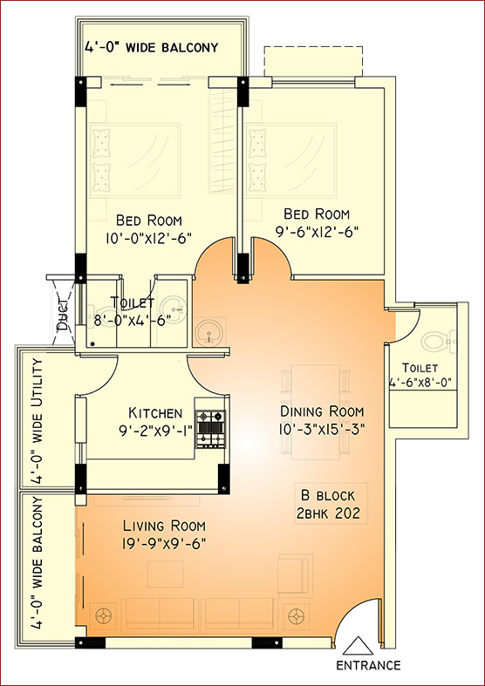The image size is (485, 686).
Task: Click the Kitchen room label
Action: [155, 412]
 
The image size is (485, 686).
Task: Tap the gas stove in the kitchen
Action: [210, 429]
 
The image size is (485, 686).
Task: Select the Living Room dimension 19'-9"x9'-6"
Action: [164, 544]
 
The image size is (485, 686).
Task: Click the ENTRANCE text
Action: [368, 665]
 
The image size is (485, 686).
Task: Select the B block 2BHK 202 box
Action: [331, 503]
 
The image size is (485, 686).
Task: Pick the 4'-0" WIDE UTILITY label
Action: [38, 421]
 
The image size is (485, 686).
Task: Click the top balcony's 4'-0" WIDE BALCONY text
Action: [151, 47]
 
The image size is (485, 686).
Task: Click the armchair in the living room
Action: [296, 575]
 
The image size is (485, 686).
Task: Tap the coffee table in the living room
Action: [166, 574]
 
